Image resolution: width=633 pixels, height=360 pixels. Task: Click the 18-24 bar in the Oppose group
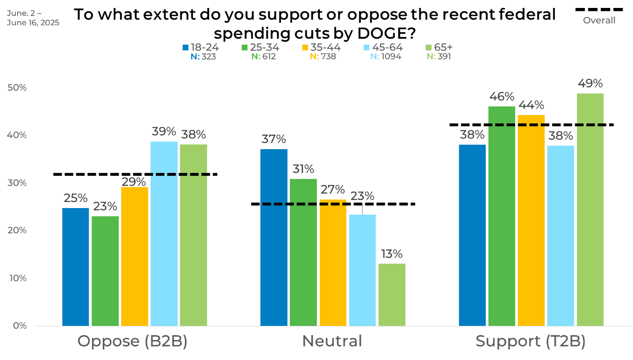click(x=76, y=267)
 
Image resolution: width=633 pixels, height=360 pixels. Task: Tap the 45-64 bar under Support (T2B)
click(x=561, y=236)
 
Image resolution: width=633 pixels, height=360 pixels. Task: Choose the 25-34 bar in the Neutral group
click(x=303, y=252)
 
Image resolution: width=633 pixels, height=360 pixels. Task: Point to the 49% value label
click(x=590, y=84)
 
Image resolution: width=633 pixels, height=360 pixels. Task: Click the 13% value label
click(x=392, y=254)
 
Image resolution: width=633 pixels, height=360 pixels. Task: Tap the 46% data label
click(x=502, y=97)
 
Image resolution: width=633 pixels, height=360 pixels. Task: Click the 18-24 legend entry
click(x=201, y=47)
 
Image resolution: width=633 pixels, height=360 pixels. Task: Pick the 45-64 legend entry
click(x=383, y=47)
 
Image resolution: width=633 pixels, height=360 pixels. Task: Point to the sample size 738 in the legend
click(x=328, y=57)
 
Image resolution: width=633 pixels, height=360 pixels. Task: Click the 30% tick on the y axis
click(x=17, y=183)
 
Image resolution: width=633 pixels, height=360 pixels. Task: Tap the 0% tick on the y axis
click(x=20, y=325)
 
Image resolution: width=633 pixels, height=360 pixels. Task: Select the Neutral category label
click(x=332, y=341)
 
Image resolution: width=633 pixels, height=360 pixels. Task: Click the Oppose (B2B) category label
click(x=132, y=341)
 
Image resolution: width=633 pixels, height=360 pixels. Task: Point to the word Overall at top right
click(x=599, y=21)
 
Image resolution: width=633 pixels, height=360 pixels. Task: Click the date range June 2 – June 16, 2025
click(x=33, y=18)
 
